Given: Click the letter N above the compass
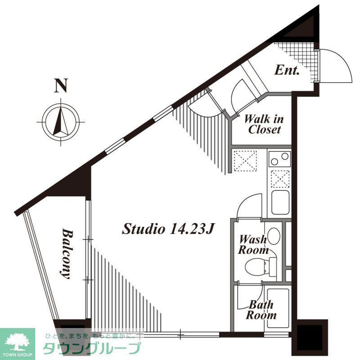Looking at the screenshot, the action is click(x=61, y=85).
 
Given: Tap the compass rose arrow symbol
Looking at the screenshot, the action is click(x=61, y=121).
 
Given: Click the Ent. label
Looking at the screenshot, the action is click(x=287, y=70).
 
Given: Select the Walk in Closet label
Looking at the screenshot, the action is click(x=264, y=124).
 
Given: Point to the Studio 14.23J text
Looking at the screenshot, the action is click(x=168, y=229).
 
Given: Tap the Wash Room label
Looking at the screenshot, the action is click(x=253, y=244).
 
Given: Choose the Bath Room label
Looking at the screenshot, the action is click(x=261, y=310).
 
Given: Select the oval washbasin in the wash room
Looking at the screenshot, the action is click(x=274, y=236).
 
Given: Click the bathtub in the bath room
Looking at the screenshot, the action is click(x=278, y=308).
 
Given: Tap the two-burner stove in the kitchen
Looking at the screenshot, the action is click(x=279, y=159).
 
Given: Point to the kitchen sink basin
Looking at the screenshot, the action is click(x=280, y=202).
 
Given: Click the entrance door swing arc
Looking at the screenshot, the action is click(x=342, y=60).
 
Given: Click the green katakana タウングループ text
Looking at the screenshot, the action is click(x=91, y=348).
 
